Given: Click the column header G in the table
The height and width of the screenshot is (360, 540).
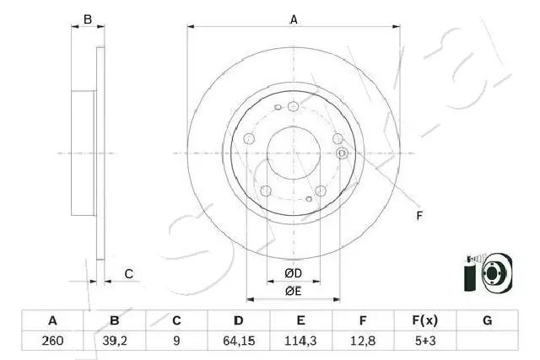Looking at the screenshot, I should point(487,321).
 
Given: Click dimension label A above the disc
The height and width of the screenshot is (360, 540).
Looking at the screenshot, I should point(293,19).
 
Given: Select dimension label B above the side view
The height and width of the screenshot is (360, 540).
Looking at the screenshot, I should point(87,19).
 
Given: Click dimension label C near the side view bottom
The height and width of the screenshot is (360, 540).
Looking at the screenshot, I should point(128,272).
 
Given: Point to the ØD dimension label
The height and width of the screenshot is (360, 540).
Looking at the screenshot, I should point(293,273).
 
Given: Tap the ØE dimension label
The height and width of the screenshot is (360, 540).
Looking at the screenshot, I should point(293,291).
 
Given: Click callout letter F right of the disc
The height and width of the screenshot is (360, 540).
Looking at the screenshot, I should point(418,218).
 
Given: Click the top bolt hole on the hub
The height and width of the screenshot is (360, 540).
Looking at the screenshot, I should point(293,106).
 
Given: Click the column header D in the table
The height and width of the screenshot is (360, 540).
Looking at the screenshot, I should point(239,321).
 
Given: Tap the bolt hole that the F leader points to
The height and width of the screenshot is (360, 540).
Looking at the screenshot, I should point(342,153).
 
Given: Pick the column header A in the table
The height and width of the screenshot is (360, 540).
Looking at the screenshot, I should point(52,321).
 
